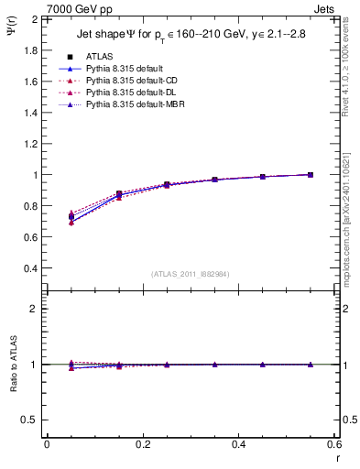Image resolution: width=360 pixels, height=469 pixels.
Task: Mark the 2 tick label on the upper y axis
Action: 34,18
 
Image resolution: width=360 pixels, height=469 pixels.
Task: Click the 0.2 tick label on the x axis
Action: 142,443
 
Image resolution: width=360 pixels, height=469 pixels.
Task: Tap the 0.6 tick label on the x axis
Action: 333,443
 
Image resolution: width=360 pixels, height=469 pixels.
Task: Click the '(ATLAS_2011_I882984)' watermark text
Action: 190,274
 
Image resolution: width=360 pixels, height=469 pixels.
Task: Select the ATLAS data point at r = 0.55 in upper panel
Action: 311,174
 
